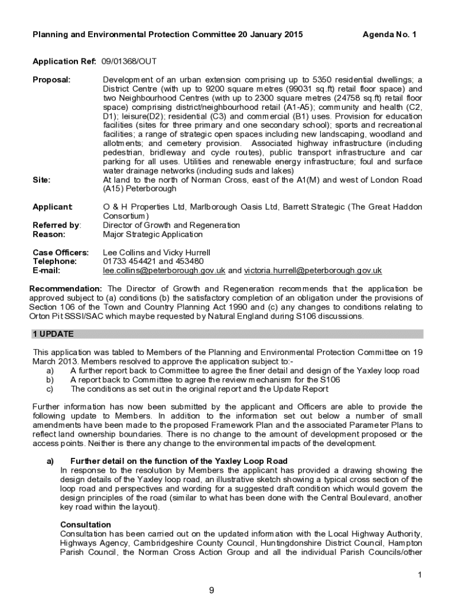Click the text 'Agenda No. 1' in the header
pyautogui.click(x=389, y=35)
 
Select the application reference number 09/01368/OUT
pyautogui.click(x=129, y=61)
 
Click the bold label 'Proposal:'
pyautogui.click(x=51, y=80)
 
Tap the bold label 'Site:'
pyautogui.click(x=41, y=180)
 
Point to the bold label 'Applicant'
pyautogui.click(x=52, y=207)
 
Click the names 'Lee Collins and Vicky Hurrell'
pyautogui.click(x=157, y=252)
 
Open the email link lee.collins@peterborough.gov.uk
pyautogui.click(x=164, y=271)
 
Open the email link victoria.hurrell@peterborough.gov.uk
pyautogui.click(x=313, y=271)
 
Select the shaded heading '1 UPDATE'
pyautogui.click(x=53, y=334)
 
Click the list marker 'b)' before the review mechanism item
pyautogui.click(x=50, y=380)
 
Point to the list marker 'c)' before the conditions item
pyautogui.click(x=50, y=389)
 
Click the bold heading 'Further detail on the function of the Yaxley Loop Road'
pyautogui.click(x=178, y=461)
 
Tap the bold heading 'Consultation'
pyautogui.click(x=86, y=525)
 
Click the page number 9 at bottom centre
pyautogui.click(x=211, y=590)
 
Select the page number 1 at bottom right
pyautogui.click(x=419, y=575)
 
